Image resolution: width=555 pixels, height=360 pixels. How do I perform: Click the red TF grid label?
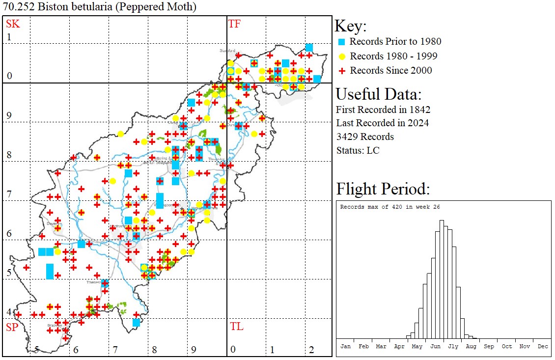(234, 24)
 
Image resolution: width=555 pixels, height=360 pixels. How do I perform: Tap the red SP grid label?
(12, 327)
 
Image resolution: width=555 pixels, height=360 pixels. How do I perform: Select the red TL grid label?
(236, 327)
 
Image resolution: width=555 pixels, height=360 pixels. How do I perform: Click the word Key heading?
(350, 27)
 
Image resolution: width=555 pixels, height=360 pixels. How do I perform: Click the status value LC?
(373, 150)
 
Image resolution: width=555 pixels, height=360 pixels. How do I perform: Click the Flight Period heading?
(383, 189)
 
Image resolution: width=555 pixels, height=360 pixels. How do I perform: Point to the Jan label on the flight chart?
(346, 346)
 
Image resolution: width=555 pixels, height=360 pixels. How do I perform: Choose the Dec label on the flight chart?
(543, 346)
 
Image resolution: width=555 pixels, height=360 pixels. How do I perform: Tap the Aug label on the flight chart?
(471, 346)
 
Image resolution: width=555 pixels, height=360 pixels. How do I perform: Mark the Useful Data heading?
(378, 94)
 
